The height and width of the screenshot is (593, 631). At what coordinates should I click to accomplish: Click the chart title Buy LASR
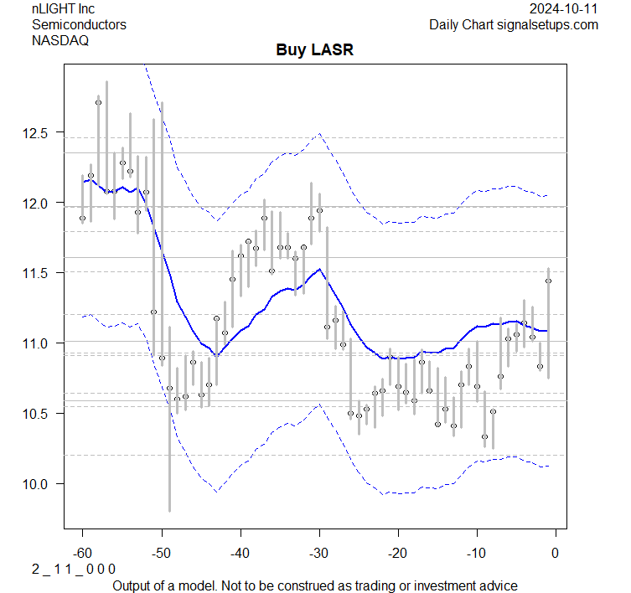[315, 50]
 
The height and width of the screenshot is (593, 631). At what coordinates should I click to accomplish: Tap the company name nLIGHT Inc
[65, 9]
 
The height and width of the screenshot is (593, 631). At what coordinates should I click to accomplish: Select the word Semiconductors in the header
[79, 24]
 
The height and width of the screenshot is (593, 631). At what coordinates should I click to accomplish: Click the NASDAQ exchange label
[60, 39]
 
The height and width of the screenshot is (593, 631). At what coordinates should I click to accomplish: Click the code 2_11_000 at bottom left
[74, 569]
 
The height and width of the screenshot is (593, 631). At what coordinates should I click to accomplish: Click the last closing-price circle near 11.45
[548, 281]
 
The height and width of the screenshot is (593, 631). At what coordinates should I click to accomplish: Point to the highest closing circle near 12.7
[98, 102]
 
